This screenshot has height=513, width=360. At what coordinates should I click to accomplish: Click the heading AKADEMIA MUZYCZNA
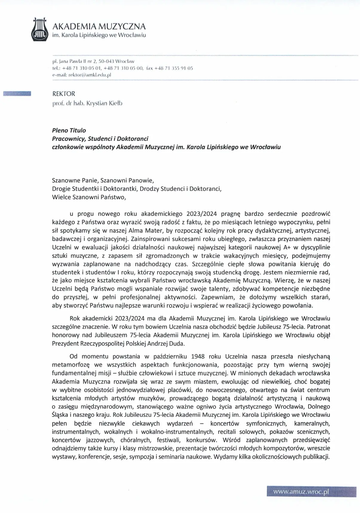click(x=99, y=26)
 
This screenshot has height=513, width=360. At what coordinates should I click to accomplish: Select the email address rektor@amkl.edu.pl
click(x=90, y=75)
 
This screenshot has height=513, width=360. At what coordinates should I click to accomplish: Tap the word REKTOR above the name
click(x=64, y=94)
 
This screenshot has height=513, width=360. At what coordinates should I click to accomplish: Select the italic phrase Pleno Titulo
click(x=69, y=130)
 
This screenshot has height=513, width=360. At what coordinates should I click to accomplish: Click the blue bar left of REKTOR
click(x=17, y=94)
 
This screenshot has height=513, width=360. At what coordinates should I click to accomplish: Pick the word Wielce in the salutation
click(x=60, y=197)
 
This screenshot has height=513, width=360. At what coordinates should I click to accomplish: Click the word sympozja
click(x=142, y=457)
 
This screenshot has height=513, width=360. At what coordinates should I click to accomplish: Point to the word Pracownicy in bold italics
click(x=68, y=139)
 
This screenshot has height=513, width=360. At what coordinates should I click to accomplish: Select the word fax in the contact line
click(x=150, y=68)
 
